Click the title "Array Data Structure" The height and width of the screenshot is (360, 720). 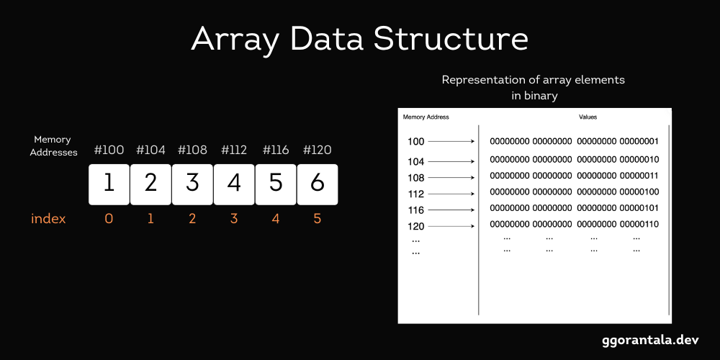coord(359,40)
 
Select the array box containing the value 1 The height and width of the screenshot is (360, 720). coord(109,184)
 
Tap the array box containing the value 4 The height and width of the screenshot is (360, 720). coord(234,184)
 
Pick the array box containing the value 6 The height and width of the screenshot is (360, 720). coord(318,184)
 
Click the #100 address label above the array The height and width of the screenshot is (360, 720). coord(109,150)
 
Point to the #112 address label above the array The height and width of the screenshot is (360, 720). coord(234,150)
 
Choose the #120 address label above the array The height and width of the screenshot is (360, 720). coord(318,150)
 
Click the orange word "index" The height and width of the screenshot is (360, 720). coord(48,219)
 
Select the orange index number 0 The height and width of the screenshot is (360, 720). coord(109,219)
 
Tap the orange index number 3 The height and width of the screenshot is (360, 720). coord(234,219)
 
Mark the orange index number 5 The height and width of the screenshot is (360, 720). coord(318,219)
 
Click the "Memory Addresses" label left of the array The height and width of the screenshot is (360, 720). coord(53,145)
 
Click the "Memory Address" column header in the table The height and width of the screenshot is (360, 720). coord(426,117)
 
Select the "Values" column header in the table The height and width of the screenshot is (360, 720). coord(588,117)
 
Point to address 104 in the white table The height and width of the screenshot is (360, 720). coord(415,161)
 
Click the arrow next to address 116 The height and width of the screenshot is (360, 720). coord(452,210)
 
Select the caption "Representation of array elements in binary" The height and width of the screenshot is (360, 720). coord(533,87)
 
